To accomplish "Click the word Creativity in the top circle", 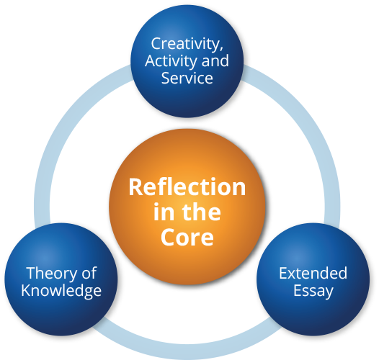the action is tap(184, 45).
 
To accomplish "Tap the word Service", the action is tap(187, 78).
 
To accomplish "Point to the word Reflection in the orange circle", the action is tap(187, 186).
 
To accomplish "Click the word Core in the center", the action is tap(187, 237).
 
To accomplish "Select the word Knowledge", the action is tap(61, 291).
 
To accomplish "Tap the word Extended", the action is tap(313, 273).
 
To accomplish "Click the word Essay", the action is tap(313, 292).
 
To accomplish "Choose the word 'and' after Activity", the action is tap(215, 60).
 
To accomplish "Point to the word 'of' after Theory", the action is tap(89, 273).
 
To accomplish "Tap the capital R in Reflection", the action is tap(135, 187).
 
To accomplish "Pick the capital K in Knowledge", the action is tap(26, 290).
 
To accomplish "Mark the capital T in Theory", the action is tap(32, 273).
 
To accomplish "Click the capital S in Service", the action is tap(166, 78).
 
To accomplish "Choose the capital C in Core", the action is tap(168, 237).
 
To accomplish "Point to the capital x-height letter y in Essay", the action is tap(329, 294).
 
